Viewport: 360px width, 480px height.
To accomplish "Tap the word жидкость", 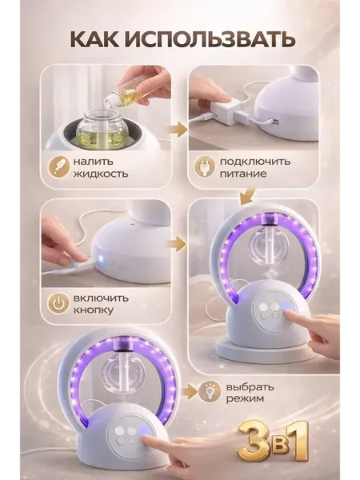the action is (x=101, y=174).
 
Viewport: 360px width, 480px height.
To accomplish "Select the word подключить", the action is (x=254, y=162).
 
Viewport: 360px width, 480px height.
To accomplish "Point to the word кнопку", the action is (x=94, y=310).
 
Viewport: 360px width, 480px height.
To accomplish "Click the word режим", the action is (x=245, y=398).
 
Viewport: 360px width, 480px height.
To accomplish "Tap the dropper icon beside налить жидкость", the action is (x=58, y=167).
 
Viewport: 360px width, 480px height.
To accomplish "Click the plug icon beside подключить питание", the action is (x=203, y=167).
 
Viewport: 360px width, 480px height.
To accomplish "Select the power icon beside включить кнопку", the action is (x=57, y=304).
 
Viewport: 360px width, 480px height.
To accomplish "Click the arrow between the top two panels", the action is (x=178, y=130).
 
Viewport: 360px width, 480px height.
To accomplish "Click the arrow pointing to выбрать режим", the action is (x=187, y=392).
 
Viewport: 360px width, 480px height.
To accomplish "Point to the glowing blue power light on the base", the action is (x=99, y=261).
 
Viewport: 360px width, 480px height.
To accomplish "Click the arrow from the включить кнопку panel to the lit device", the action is (x=177, y=245).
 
